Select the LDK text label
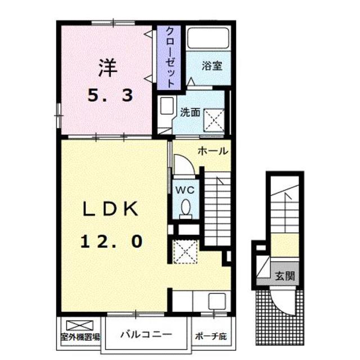[x=110, y=209]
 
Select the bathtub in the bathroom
[x=208, y=40]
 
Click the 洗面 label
[x=190, y=112]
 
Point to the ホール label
[x=212, y=151]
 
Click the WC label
[x=186, y=190]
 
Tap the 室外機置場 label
[x=80, y=337]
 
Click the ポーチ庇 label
[x=211, y=337]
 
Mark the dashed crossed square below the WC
[x=184, y=251]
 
